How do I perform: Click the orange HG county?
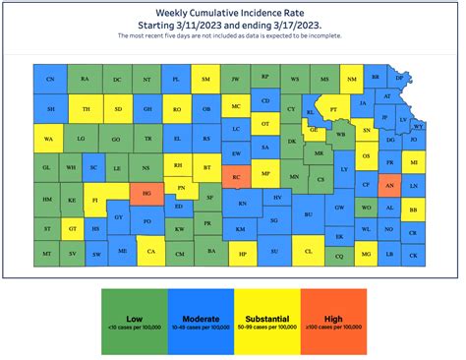[x=146, y=195]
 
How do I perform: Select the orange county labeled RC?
[x=237, y=177]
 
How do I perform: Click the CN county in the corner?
[x=50, y=79]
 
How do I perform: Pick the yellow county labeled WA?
[x=47, y=141]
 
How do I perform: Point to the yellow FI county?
[x=95, y=201]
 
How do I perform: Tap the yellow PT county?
[x=334, y=109]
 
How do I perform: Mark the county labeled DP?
[x=399, y=77]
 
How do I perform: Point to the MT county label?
[x=47, y=255]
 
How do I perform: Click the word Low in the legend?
[x=135, y=317]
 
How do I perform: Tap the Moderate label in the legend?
[x=200, y=317]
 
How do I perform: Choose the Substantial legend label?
[x=266, y=317]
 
